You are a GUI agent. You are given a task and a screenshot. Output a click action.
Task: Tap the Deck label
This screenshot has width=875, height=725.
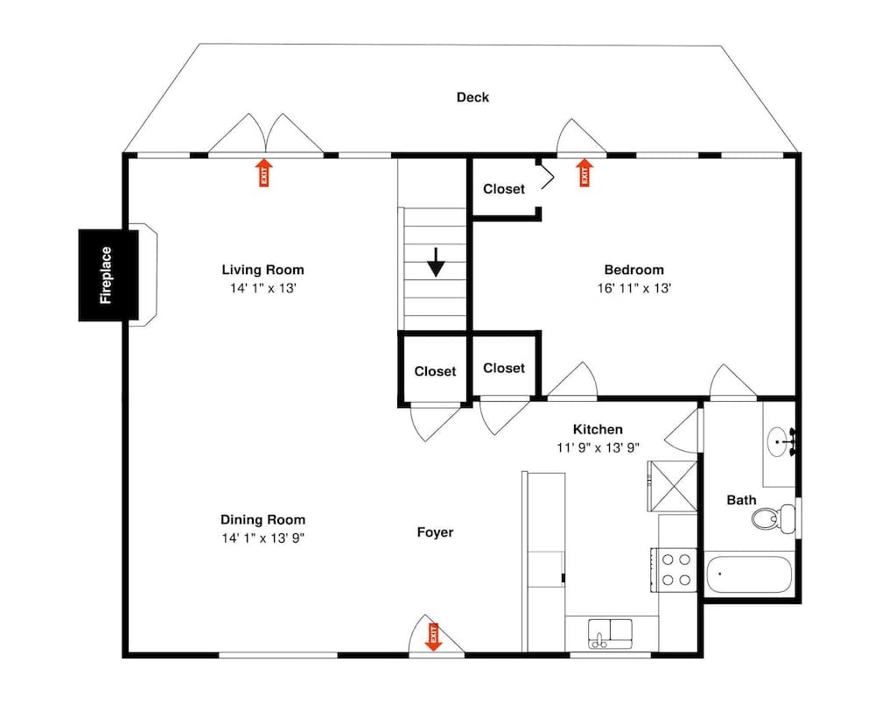(472, 97)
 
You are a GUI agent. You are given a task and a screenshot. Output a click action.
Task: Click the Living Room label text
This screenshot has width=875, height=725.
(262, 270)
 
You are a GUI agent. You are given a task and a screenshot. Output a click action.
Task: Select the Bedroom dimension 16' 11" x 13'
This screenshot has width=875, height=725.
(634, 287)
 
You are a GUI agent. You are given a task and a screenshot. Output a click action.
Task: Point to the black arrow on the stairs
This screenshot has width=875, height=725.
(436, 262)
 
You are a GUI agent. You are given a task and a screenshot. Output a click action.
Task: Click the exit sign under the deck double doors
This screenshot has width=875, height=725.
(263, 172)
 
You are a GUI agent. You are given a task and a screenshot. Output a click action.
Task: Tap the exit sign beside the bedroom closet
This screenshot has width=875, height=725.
(585, 172)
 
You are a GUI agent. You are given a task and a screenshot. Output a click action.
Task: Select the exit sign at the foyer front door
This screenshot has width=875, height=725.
(432, 635)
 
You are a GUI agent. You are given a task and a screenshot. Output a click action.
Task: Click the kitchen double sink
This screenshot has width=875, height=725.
(611, 630)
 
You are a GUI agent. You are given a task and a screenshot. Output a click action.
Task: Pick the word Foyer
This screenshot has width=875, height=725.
(435, 531)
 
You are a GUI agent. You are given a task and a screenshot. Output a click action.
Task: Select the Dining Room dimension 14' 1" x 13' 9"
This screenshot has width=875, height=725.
(262, 538)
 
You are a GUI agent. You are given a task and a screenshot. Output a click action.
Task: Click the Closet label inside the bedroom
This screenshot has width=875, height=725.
(504, 189)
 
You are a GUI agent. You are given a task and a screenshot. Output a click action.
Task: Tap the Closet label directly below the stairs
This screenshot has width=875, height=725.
(435, 371)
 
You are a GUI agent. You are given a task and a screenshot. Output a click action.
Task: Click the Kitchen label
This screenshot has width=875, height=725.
(598, 429)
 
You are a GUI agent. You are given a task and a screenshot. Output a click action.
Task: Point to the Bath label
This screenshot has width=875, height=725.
(741, 501)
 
